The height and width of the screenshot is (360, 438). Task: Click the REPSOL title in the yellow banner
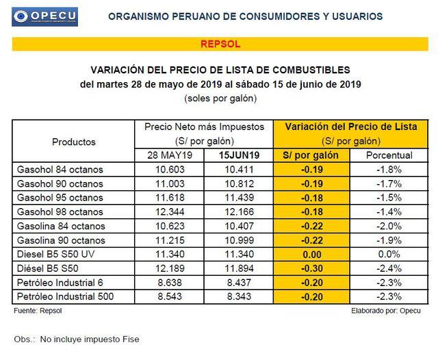point(220,44)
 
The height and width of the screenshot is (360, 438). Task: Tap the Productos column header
point(74,142)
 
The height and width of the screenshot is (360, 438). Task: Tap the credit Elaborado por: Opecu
point(385,311)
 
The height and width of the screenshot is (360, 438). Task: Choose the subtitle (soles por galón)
point(220,99)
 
